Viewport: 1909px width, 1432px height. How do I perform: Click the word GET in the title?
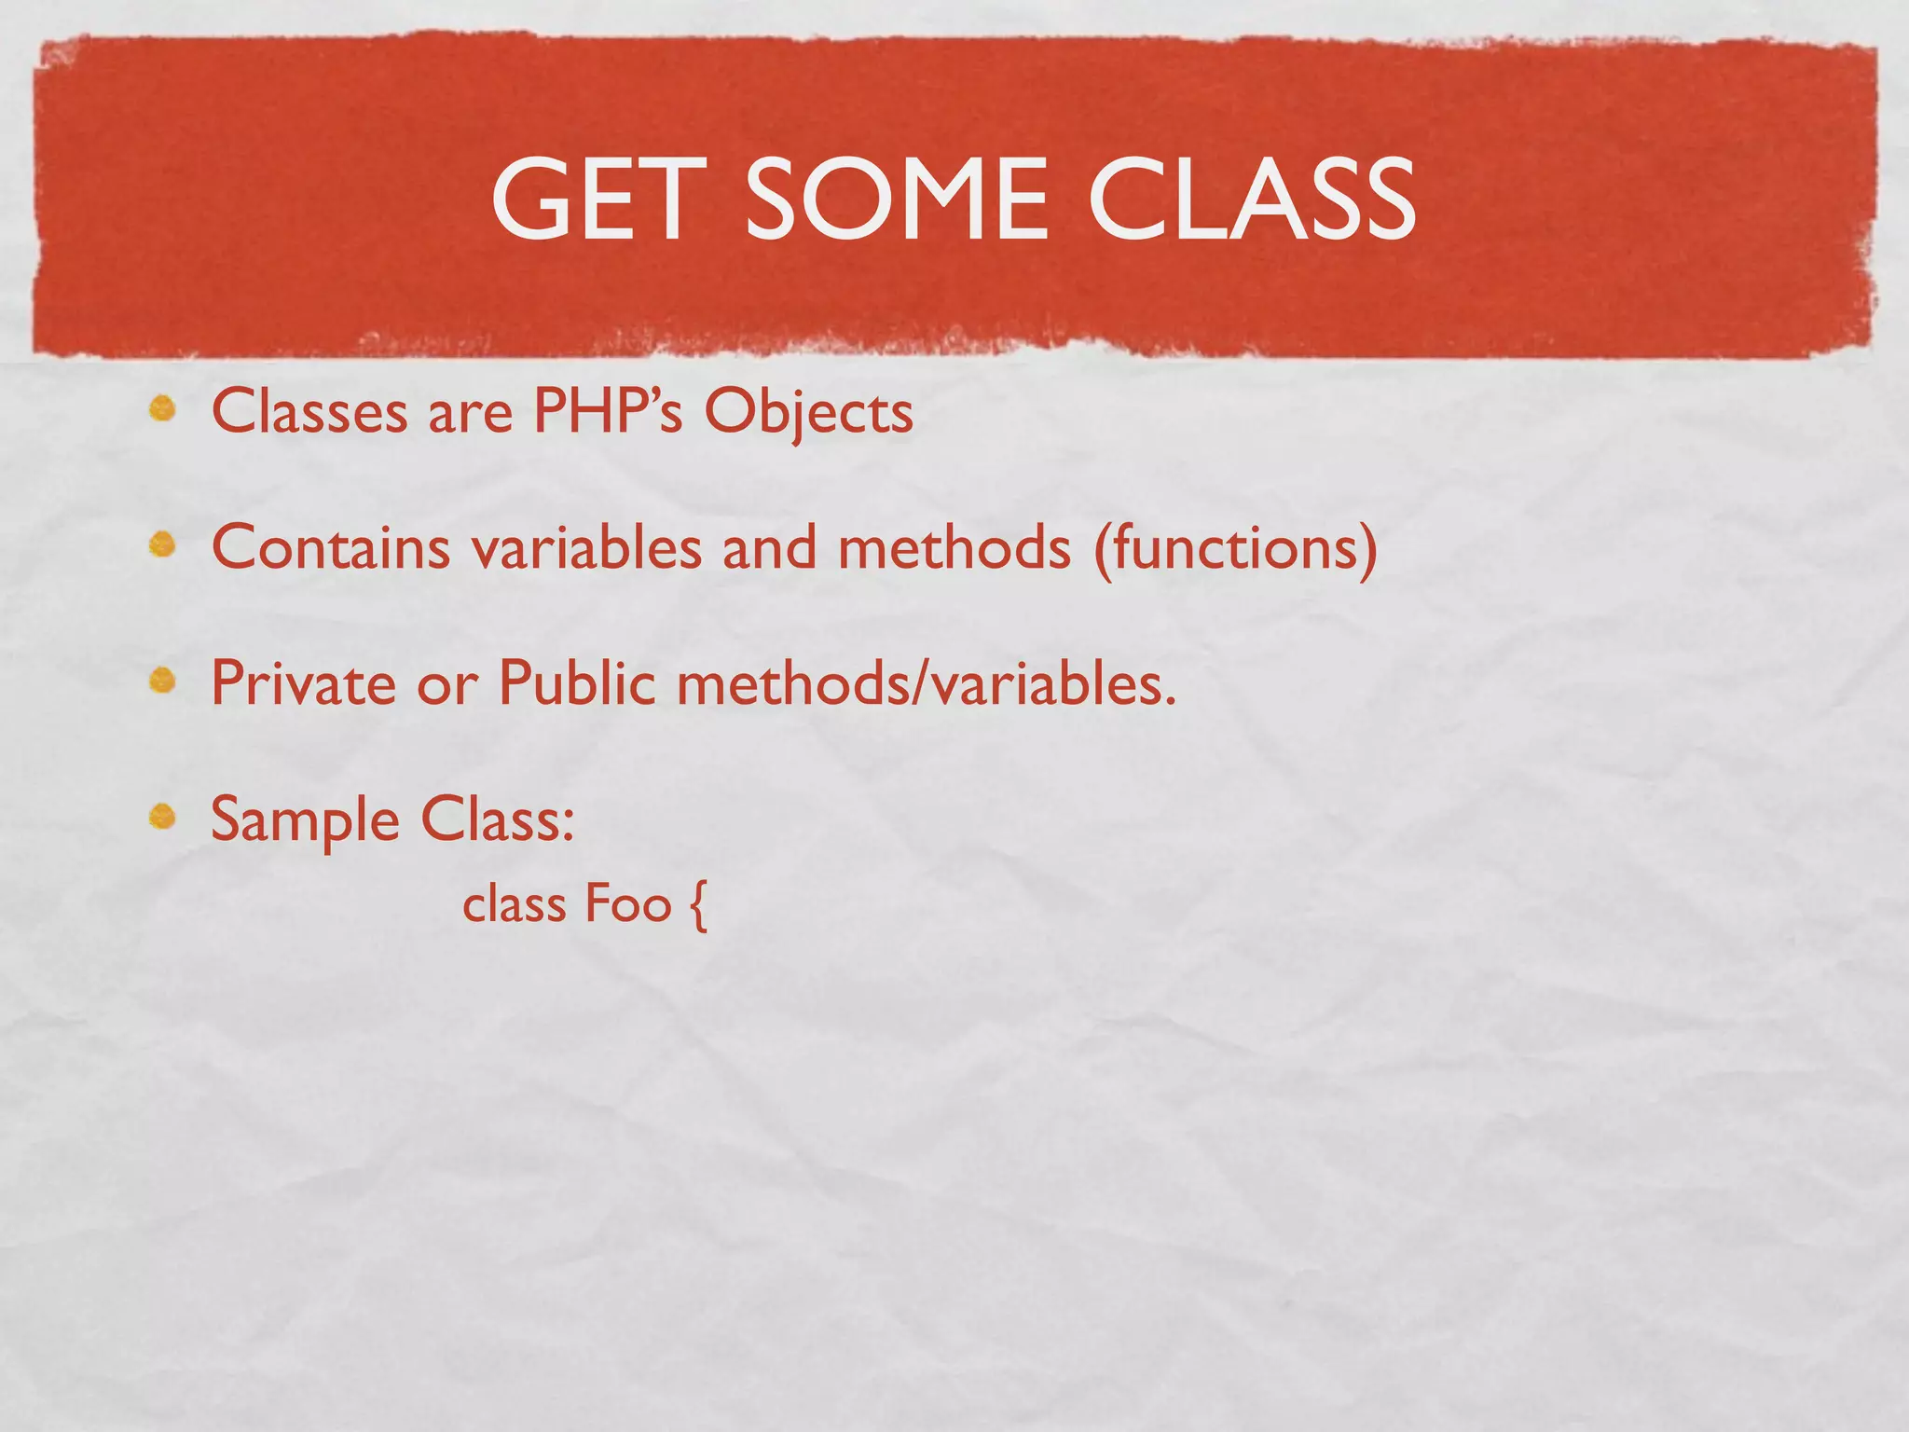pyautogui.click(x=595, y=199)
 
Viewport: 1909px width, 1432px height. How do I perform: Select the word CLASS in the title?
pyautogui.click(x=1252, y=199)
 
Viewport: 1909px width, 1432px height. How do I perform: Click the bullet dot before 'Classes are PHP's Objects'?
pyautogui.click(x=163, y=409)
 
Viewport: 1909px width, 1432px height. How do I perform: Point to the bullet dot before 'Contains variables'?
pyautogui.click(x=163, y=545)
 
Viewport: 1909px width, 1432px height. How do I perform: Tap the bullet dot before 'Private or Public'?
pyautogui.click(x=163, y=682)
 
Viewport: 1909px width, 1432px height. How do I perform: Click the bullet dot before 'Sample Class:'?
pyautogui.click(x=163, y=818)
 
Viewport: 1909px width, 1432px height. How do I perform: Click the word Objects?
pyautogui.click(x=808, y=413)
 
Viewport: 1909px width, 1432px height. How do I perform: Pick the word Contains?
pyautogui.click(x=331, y=547)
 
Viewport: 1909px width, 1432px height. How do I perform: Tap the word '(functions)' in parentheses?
pyautogui.click(x=1235, y=549)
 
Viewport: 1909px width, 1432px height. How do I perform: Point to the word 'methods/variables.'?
pyautogui.click(x=927, y=683)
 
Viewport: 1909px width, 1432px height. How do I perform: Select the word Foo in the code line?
pyautogui.click(x=628, y=904)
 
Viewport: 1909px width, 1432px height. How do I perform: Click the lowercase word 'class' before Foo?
pyautogui.click(x=515, y=904)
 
